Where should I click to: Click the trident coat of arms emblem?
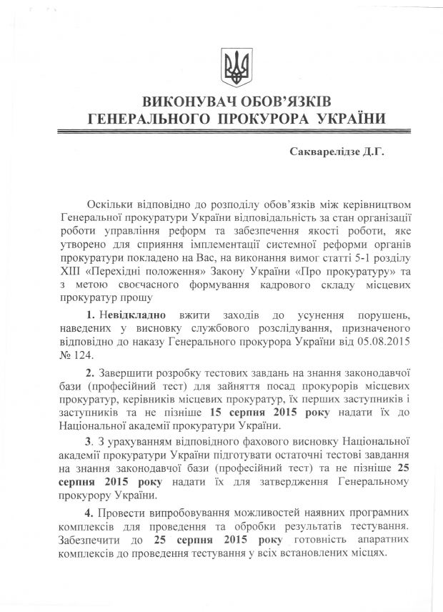click(233, 66)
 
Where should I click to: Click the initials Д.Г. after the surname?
click(373, 152)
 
